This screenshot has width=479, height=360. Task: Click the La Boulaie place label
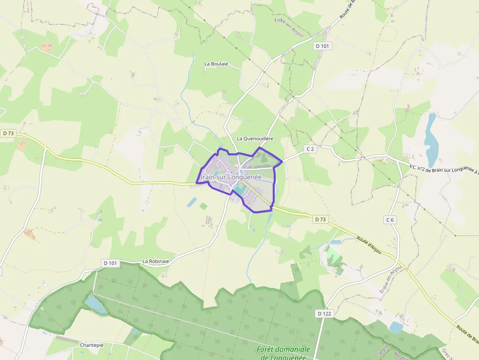[x=216, y=64]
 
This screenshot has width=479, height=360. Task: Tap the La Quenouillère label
[x=255, y=139]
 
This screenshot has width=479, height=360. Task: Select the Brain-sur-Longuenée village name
[x=230, y=177]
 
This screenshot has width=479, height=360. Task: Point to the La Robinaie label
[x=156, y=261]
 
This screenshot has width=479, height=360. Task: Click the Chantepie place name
[x=92, y=345]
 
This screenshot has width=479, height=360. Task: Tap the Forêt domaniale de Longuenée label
[x=283, y=353]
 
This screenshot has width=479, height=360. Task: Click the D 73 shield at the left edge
[x=8, y=133]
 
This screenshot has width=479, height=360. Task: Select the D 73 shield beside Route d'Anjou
[x=320, y=219]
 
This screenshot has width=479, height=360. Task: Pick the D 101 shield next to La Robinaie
[x=110, y=263]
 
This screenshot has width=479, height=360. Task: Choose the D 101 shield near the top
[x=322, y=46]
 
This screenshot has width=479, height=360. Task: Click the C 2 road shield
[x=310, y=149]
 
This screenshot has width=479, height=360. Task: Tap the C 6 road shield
[x=390, y=220]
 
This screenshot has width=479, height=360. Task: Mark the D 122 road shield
[x=324, y=314]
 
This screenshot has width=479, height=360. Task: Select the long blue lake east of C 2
[x=431, y=140]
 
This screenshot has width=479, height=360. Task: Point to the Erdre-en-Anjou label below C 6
[x=391, y=279]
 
